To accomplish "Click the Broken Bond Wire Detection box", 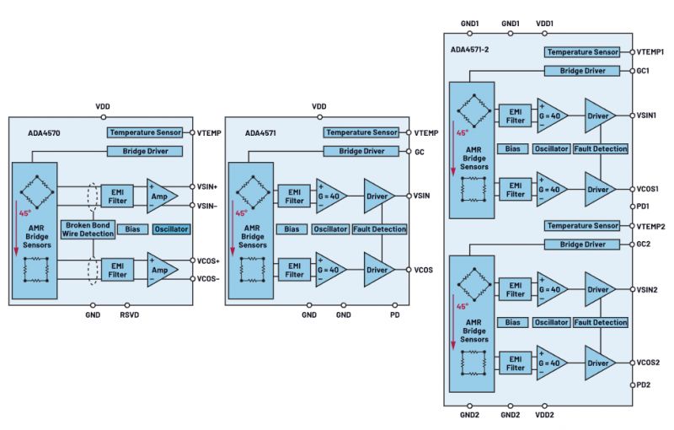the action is point(88,229).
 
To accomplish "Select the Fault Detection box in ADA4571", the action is point(379,229).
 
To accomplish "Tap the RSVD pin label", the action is point(130,314).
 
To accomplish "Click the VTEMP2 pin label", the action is point(650,226).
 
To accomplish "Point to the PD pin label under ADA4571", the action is point(394,314).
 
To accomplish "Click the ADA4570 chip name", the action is point(44,133).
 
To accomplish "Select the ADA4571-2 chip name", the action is point(469,50).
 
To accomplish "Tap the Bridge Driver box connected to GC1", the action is point(582,71).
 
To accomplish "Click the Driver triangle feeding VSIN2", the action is point(598,289).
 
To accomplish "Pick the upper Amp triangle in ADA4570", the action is point(160,196).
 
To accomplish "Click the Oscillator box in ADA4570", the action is point(171,229).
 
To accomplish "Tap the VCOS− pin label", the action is point(208,278).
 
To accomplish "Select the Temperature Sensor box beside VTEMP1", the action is point(582,52).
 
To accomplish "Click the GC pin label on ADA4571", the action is point(419,152).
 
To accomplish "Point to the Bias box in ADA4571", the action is point(292,229).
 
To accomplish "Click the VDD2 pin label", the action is point(544,415).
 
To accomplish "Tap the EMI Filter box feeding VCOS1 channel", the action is point(515,190).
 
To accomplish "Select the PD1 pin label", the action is point(643,207).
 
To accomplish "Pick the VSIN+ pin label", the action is point(207,186).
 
